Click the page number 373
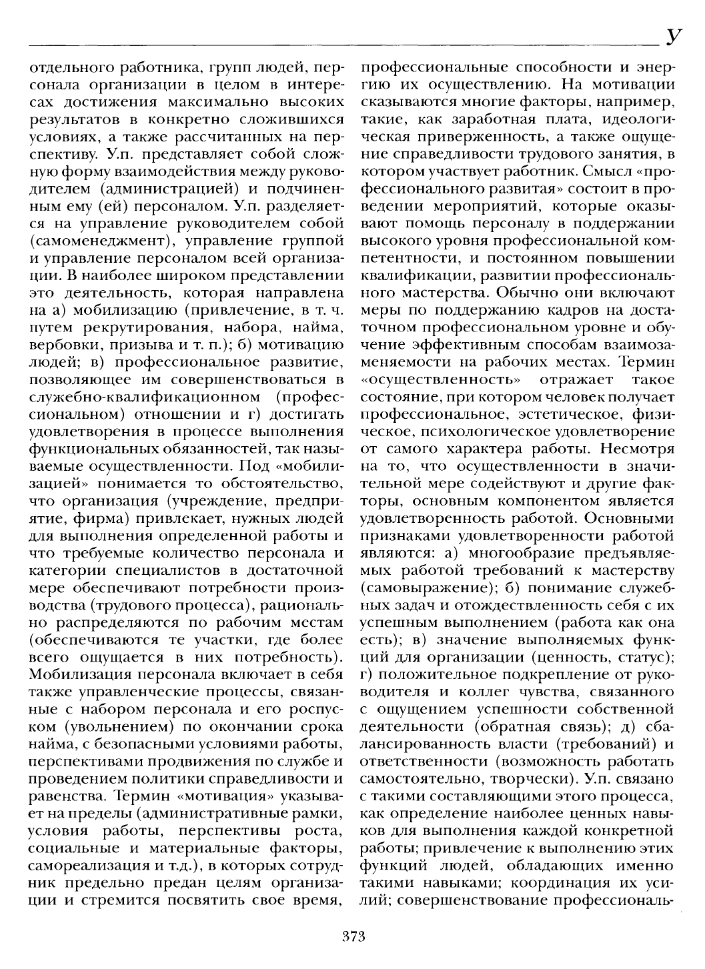351,936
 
